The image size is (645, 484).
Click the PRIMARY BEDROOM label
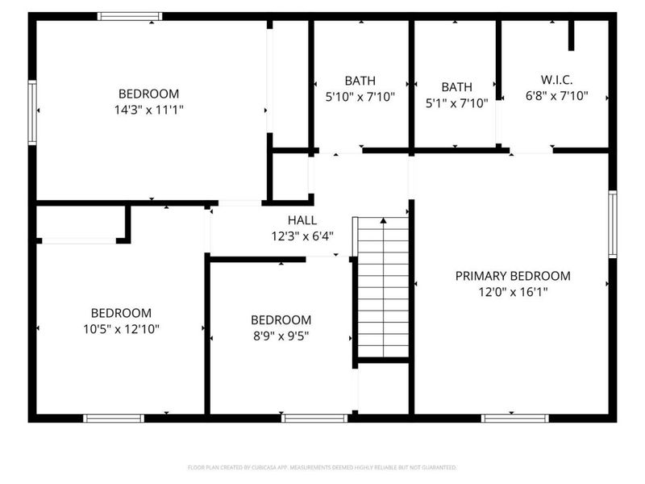coord(512,276)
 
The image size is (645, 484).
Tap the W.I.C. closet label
coord(556,80)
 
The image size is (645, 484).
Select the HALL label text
coord(302,220)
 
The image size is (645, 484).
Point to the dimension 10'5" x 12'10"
coord(121,328)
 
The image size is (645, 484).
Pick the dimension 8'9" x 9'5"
coord(281,335)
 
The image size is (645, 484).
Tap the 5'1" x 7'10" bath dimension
coord(456,102)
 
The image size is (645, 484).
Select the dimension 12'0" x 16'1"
coord(512,292)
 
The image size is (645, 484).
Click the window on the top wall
coord(130,16)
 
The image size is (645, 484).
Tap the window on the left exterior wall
coord(32,112)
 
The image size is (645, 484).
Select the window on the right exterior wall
coord(613,224)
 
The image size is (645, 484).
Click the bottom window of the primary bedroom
coord(514,418)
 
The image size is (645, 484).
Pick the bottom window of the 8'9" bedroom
coord(314,418)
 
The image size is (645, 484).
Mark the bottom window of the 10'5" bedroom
coord(114,418)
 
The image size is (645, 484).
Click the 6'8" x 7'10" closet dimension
coord(556,96)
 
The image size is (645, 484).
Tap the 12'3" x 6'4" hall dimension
coord(302,236)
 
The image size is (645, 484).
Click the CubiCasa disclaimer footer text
coord(322,467)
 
